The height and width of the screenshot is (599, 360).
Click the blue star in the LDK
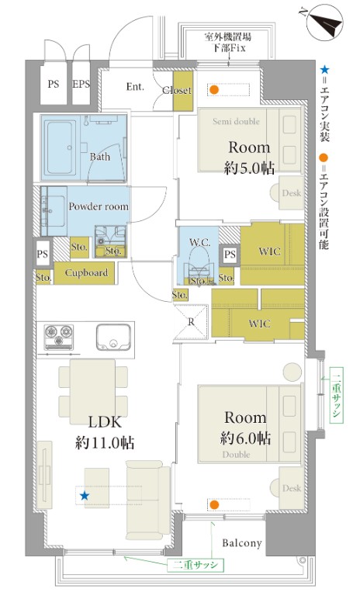coord(84,496)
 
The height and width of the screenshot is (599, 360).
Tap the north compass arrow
coord(324,23)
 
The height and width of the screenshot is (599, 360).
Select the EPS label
coord(81,84)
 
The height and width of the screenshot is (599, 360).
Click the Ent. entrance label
coord(135,87)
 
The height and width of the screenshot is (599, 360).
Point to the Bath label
coord(100,157)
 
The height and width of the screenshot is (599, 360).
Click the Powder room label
coord(99,206)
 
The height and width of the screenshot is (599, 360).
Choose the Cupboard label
coord(86,273)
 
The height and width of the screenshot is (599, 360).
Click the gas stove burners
coord(59,337)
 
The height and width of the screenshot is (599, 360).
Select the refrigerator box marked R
coord(191,322)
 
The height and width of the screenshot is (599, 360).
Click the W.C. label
coord(199,242)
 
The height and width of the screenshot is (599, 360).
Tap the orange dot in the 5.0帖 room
coord(214,90)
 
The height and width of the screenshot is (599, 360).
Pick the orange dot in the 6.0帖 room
coord(214,505)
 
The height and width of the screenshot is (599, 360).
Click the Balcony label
coord(242,543)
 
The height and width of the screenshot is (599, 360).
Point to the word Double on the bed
coord(236,455)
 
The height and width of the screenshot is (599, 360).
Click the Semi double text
coord(236,122)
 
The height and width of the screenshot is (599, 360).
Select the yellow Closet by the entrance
coord(182,92)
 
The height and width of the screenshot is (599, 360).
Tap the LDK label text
coord(105,422)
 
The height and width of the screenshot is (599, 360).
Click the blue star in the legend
coord(324,70)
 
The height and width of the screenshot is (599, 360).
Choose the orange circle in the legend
coord(324,158)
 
